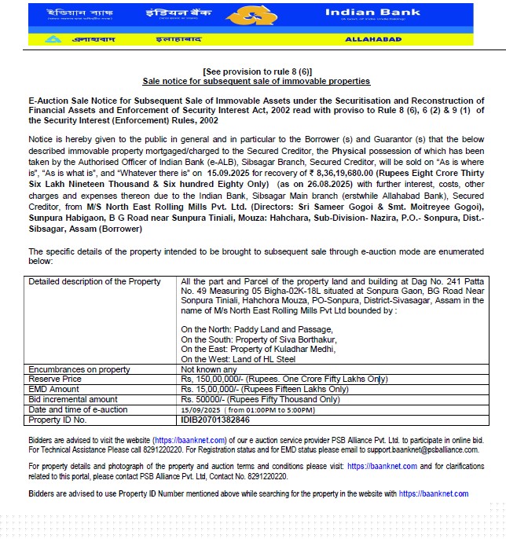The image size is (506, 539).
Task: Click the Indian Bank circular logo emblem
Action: [253, 16]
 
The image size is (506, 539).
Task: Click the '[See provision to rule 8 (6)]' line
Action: [255, 71]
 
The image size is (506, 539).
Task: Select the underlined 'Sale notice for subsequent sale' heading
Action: [255, 81]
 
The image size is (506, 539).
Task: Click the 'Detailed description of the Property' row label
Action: [94, 281]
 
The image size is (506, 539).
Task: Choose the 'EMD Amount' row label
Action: [53, 389]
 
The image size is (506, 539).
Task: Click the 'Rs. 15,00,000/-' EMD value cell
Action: [264, 389]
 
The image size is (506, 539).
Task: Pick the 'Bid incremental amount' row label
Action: [72, 399]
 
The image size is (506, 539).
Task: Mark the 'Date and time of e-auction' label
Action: [78, 409]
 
